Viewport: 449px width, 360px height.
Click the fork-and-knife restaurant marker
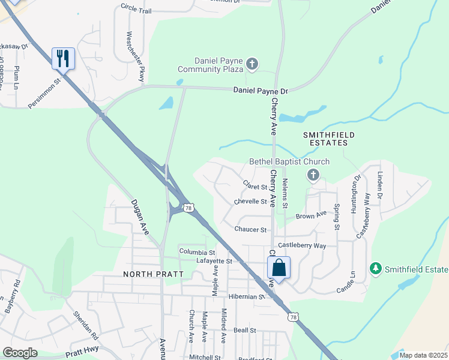[x=63, y=58]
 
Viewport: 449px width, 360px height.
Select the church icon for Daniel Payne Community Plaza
[x=252, y=64]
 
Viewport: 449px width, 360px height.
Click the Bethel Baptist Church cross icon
[x=312, y=175]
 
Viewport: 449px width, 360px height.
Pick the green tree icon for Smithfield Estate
[x=376, y=268]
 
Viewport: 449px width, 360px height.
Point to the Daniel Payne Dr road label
[x=261, y=91]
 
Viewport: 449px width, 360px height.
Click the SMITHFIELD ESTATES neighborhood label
[x=325, y=139]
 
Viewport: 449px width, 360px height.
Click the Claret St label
[x=255, y=184]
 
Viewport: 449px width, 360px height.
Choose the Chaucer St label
[x=250, y=229]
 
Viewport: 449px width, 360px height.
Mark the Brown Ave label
[x=311, y=214]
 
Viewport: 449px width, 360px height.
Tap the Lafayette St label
[x=214, y=261]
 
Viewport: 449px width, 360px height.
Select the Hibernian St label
[x=246, y=296]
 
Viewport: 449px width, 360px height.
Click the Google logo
[x=20, y=353]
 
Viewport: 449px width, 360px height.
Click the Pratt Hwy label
[x=82, y=352]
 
